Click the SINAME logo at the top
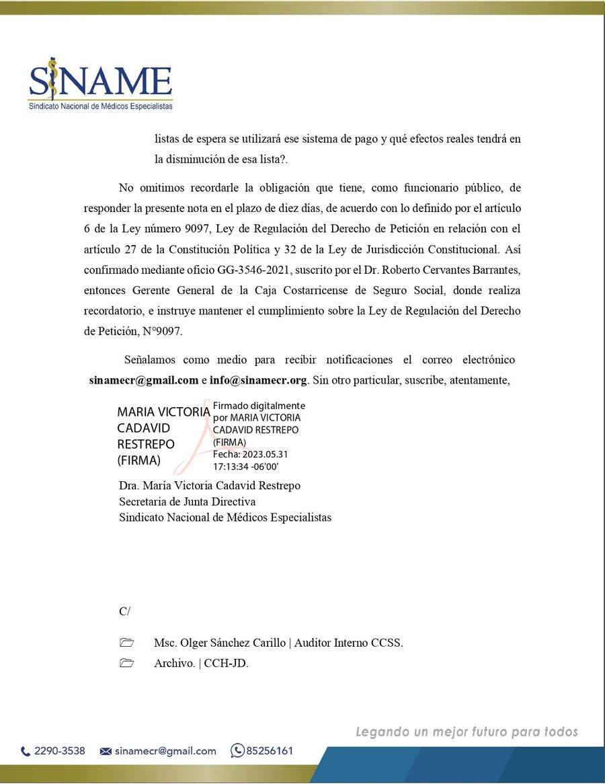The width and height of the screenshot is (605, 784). (101, 83)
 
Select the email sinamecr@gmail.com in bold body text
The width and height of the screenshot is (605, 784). (144, 380)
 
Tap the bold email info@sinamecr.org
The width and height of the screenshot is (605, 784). (259, 380)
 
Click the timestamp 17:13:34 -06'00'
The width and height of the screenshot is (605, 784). (246, 466)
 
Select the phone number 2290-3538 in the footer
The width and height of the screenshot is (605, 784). (60, 751)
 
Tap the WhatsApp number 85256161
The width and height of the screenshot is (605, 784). (270, 751)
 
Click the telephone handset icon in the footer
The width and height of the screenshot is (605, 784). (26, 751)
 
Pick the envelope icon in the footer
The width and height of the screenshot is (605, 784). (106, 751)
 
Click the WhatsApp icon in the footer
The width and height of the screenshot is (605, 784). (237, 750)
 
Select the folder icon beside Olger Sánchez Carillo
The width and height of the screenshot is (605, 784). (126, 643)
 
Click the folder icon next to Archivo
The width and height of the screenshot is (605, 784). (126, 663)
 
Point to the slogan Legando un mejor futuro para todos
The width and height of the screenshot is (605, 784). (467, 732)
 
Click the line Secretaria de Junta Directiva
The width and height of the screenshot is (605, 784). (187, 501)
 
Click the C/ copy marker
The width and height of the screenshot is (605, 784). (125, 611)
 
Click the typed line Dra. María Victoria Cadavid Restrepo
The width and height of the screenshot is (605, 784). (210, 485)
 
